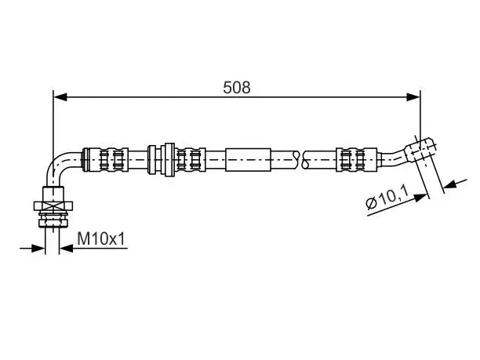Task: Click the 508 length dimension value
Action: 237,88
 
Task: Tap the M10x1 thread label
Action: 101,238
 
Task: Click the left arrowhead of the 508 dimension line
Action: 60,97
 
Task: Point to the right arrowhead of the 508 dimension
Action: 413,97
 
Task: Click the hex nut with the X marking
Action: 53,205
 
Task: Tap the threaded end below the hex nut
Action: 53,219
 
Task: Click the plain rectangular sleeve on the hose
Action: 249,160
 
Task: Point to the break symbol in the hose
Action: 300,160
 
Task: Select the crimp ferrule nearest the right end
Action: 356,160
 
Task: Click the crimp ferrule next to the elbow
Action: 106,159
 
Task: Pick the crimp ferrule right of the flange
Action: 190,159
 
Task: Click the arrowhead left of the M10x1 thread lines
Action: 38,249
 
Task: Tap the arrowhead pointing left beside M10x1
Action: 66,249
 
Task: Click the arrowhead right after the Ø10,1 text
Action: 420,198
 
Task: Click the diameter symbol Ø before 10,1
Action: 371,203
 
